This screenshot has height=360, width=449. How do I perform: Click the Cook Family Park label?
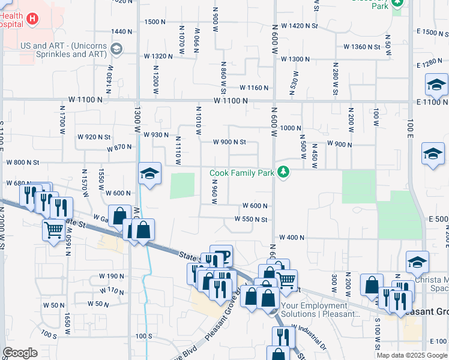point(242,173)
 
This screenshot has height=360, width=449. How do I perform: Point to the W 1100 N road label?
point(229,101)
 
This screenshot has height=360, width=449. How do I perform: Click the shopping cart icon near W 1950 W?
point(54,229)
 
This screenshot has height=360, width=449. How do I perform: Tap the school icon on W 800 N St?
point(149,174)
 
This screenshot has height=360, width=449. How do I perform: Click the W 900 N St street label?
point(230,142)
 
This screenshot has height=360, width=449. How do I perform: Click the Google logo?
point(20,353)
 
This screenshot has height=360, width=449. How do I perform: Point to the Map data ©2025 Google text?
point(411,355)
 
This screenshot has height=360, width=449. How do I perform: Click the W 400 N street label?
point(291,238)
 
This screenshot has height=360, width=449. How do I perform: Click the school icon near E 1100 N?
point(436,86)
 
